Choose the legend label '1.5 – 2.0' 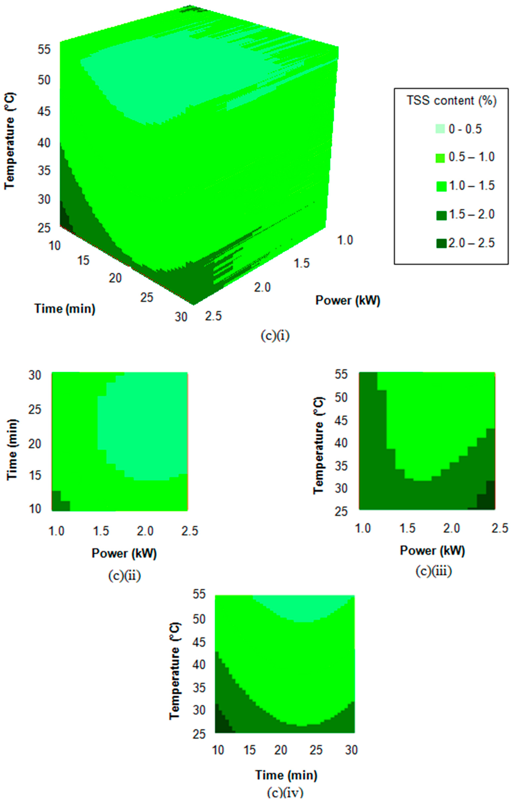[471, 215]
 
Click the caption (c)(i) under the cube [275, 336]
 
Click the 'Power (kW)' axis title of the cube [348, 300]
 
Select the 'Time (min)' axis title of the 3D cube [65, 308]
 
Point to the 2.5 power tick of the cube [214, 316]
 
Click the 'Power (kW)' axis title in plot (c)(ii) [124, 554]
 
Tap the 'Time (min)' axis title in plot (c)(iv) [286, 775]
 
